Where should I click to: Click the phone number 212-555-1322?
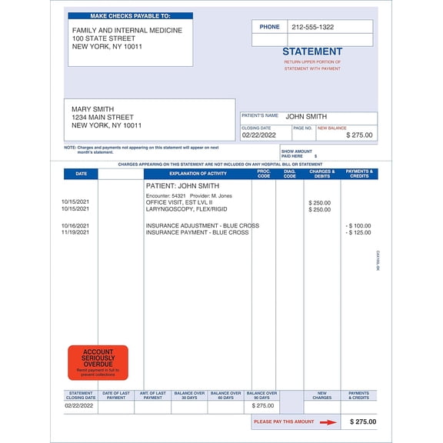(312, 27)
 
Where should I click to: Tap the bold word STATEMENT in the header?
(311, 52)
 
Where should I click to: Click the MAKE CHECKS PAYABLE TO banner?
(130, 15)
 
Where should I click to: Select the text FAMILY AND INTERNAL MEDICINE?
(127, 30)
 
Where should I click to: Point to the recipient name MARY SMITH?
(92, 109)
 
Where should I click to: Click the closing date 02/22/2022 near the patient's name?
(257, 135)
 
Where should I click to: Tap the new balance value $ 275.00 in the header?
(359, 135)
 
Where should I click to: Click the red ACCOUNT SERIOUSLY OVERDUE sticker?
(98, 362)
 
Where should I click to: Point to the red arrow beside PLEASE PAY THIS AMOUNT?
(328, 421)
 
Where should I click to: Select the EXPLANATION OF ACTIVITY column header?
(197, 174)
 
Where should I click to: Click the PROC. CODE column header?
(264, 174)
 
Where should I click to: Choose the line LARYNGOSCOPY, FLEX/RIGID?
(186, 209)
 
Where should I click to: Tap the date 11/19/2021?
(75, 232)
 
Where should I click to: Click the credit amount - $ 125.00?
(358, 232)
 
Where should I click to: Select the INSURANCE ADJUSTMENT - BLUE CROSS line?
(202, 225)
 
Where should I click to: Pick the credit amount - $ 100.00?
(358, 225)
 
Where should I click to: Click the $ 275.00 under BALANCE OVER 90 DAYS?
(262, 405)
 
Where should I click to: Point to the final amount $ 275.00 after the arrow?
(363, 421)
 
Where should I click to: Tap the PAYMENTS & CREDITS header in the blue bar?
(359, 174)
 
